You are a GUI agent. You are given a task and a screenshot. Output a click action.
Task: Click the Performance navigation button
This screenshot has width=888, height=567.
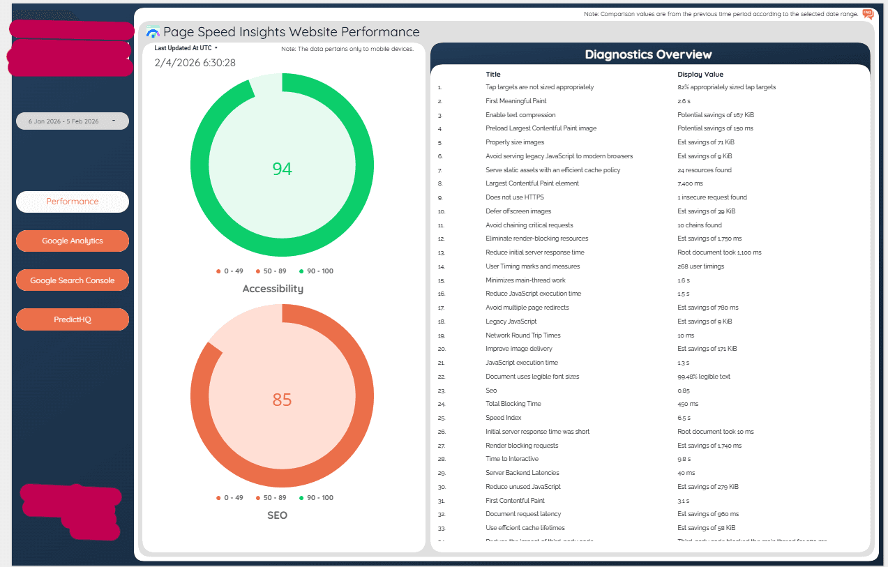73,202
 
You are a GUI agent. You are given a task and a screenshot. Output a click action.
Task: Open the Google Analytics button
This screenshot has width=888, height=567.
73,241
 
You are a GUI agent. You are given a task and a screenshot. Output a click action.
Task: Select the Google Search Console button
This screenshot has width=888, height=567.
73,280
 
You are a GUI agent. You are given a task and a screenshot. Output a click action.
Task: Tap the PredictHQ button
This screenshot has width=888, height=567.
73,319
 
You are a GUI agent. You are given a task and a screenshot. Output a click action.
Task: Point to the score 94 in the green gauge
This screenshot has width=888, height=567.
282,169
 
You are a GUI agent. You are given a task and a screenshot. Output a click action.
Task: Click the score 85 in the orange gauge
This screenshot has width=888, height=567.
282,400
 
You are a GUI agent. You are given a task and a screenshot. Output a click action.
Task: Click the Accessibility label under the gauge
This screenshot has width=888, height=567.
273,289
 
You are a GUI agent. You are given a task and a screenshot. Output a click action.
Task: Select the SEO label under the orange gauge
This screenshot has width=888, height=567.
276,515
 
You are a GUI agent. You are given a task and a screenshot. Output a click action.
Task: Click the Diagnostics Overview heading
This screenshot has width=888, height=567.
648,54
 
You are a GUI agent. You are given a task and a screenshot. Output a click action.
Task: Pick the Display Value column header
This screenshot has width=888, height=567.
700,74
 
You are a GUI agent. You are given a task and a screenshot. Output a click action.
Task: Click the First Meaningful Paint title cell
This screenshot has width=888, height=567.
516,101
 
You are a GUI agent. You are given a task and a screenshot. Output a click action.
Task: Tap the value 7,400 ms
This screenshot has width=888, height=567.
692,183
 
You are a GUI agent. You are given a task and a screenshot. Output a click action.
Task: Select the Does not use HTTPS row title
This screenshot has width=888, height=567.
514,197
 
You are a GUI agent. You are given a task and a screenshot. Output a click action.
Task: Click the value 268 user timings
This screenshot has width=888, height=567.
700,266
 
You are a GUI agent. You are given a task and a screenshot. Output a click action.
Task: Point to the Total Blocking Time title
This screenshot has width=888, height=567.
513,404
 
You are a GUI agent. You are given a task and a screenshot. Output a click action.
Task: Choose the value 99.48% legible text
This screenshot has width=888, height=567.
704,377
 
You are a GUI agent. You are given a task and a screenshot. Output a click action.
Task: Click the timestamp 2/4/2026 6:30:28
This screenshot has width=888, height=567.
195,63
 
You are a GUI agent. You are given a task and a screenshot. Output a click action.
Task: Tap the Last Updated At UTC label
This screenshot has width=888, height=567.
183,48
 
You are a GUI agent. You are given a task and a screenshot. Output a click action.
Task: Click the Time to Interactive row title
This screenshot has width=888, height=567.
512,459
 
